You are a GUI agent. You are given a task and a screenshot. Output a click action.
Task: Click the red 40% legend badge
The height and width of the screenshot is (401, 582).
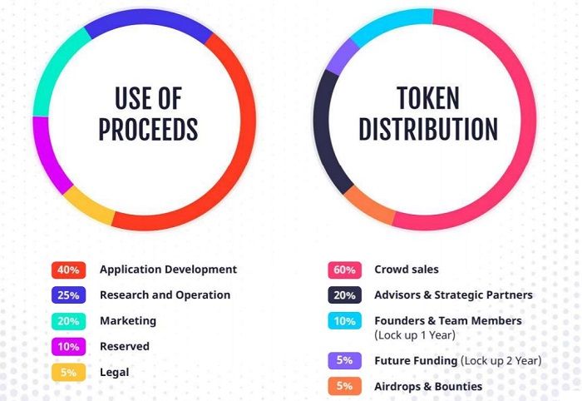tap(69, 270)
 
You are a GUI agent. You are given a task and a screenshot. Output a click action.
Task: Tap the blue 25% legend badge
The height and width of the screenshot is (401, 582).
tap(69, 295)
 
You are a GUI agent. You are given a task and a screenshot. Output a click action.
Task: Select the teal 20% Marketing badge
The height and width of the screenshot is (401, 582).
tap(69, 321)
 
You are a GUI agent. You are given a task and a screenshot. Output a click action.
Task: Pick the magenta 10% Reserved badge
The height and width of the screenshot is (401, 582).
tap(69, 347)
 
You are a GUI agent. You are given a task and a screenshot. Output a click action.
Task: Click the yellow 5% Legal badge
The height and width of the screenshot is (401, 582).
tap(69, 373)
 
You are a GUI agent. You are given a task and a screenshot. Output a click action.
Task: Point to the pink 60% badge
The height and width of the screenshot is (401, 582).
tap(344, 270)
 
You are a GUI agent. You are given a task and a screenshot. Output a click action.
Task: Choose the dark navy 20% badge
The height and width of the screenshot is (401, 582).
tap(344, 295)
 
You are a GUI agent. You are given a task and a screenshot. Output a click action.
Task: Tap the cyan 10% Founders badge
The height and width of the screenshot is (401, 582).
tap(344, 321)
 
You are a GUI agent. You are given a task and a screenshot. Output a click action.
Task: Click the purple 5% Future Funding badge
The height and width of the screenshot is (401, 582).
tap(344, 360)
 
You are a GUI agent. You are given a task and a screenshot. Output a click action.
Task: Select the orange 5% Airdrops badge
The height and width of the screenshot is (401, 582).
tap(344, 386)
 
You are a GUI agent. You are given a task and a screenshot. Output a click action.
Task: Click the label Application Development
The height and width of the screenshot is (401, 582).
tap(168, 270)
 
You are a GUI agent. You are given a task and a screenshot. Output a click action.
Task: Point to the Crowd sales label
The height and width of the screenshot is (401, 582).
tap(407, 270)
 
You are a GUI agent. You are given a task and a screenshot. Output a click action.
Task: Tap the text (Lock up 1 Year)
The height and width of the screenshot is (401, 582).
tap(415, 335)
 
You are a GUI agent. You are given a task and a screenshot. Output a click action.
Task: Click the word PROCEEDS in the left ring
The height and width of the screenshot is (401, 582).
tap(148, 129)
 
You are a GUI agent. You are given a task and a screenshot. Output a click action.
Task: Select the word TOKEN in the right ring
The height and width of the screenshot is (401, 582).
tap(428, 98)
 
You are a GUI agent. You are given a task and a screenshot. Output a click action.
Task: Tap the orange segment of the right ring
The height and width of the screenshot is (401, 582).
tap(368, 205)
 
